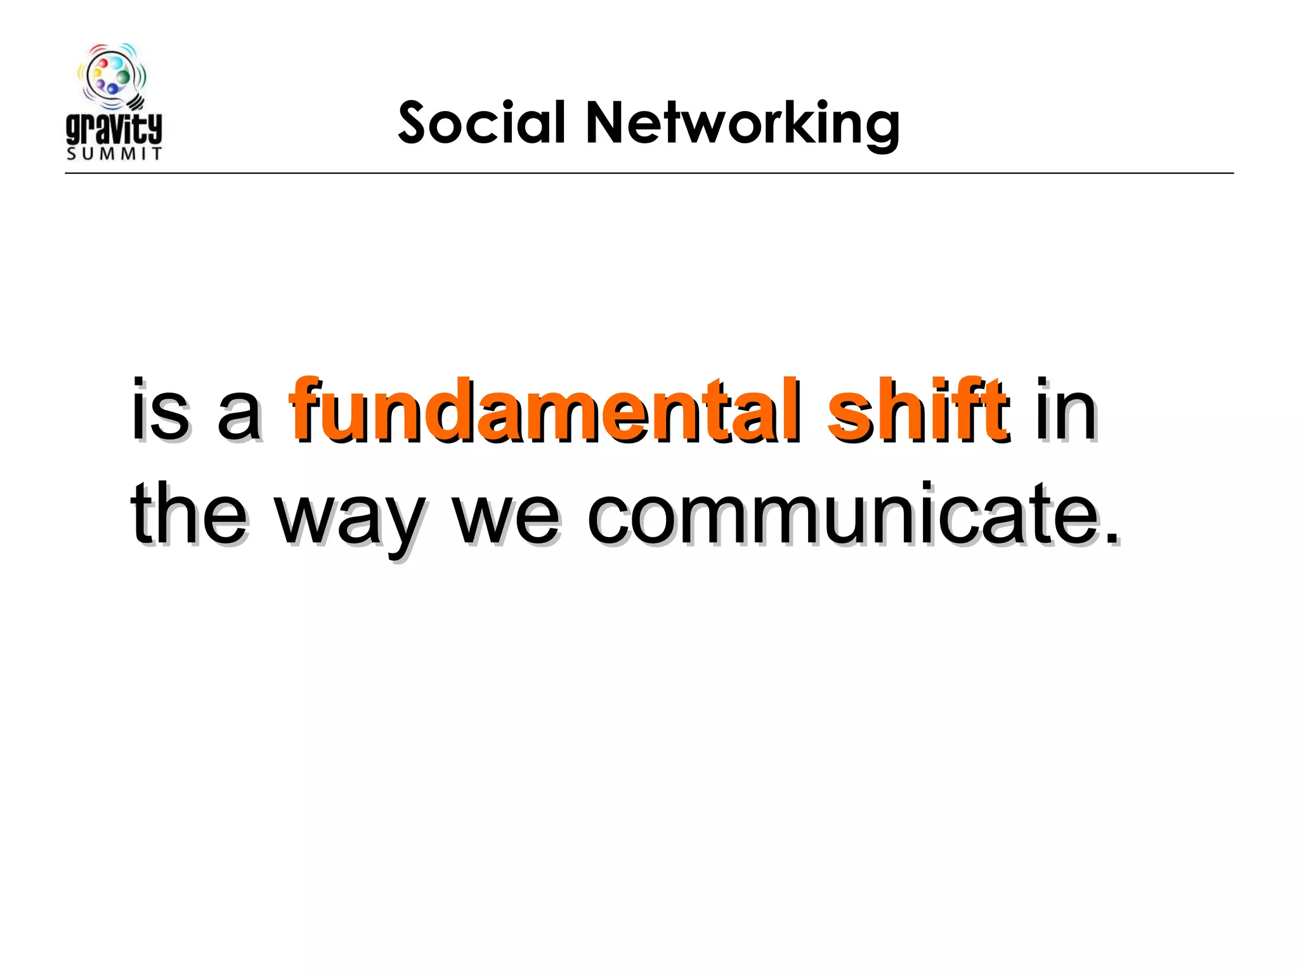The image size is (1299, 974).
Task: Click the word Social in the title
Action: click(481, 122)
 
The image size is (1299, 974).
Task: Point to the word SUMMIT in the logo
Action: click(114, 154)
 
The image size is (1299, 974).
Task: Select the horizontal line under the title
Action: click(649, 172)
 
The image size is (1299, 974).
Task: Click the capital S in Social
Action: click(418, 122)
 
